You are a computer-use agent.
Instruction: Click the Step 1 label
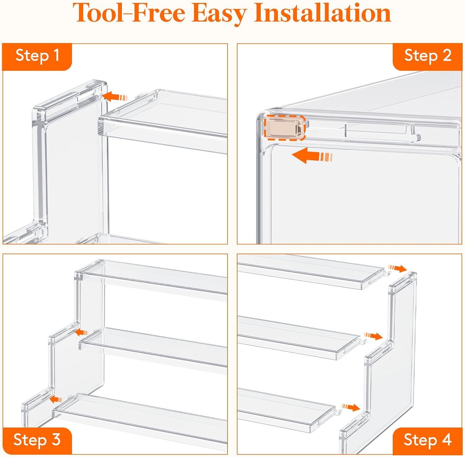37,56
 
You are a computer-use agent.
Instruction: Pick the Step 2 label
427,56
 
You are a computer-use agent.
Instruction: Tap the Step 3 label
37,440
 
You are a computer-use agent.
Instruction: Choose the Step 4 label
427,440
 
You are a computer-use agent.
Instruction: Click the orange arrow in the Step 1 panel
114,96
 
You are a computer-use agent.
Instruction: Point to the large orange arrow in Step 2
312,156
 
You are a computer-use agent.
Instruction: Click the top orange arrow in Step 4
397,268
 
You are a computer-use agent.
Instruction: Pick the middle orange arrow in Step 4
373,336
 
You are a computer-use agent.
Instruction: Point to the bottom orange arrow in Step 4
351,407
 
